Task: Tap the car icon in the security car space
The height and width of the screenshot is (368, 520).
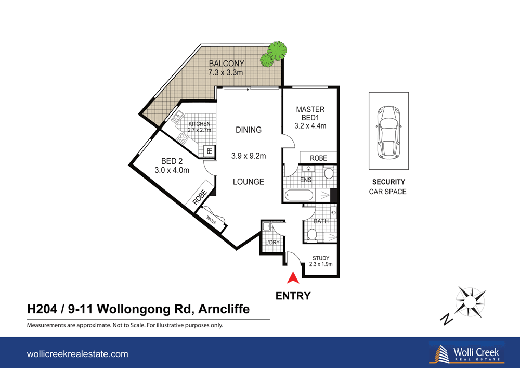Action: pos(388,131)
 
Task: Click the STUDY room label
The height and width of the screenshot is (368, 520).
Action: pos(321,258)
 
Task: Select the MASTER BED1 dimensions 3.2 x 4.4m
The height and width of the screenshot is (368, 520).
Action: pos(310,126)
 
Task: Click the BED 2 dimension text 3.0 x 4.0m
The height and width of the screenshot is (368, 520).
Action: pos(172,170)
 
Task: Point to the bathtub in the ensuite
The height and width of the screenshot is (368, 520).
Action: pos(300,196)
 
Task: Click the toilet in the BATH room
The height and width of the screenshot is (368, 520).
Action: pos(312,235)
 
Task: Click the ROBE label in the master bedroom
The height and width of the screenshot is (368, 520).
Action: pos(318,158)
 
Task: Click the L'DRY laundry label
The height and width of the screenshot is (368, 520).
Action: pos(272,243)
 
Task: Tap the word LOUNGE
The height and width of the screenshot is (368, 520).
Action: pos(248,182)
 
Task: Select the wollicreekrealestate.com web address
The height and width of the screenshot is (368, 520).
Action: pos(77,354)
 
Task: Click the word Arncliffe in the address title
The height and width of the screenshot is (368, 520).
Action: pos(224,309)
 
